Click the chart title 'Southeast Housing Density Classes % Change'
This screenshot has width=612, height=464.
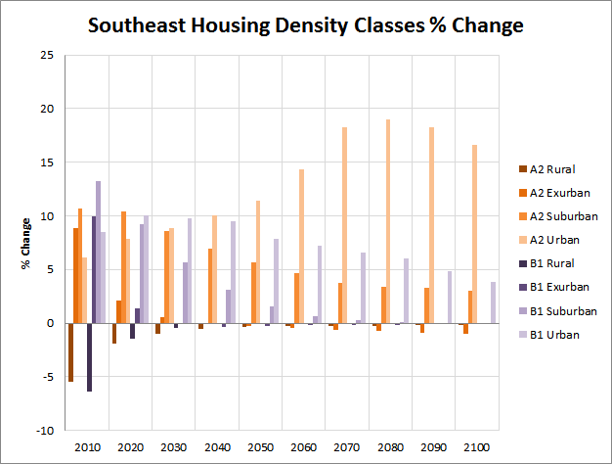306,24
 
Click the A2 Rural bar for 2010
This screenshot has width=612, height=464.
71,352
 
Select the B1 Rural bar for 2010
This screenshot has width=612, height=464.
89,357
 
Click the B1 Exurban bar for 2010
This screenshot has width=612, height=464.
94,269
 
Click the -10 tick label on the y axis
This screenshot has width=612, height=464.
45,430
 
